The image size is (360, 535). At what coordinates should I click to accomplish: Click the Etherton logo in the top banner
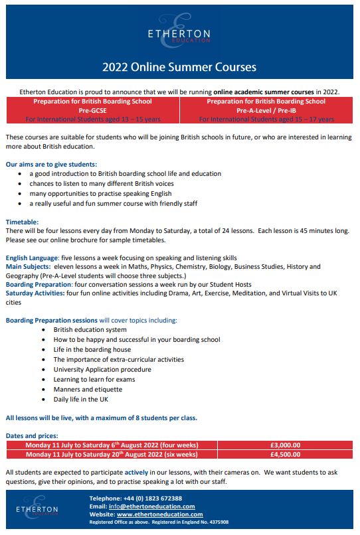179,36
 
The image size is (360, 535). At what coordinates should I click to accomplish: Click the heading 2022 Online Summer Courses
179,67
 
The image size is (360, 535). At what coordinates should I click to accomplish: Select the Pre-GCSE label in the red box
92,110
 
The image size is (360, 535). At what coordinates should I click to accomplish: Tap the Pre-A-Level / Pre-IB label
266,110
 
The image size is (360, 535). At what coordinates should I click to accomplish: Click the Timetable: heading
22,222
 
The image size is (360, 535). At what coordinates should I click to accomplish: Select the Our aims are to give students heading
51,163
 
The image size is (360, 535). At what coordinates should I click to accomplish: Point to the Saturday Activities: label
34,292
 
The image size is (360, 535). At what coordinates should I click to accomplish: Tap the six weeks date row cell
112,455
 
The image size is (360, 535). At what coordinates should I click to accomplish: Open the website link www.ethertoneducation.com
159,514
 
